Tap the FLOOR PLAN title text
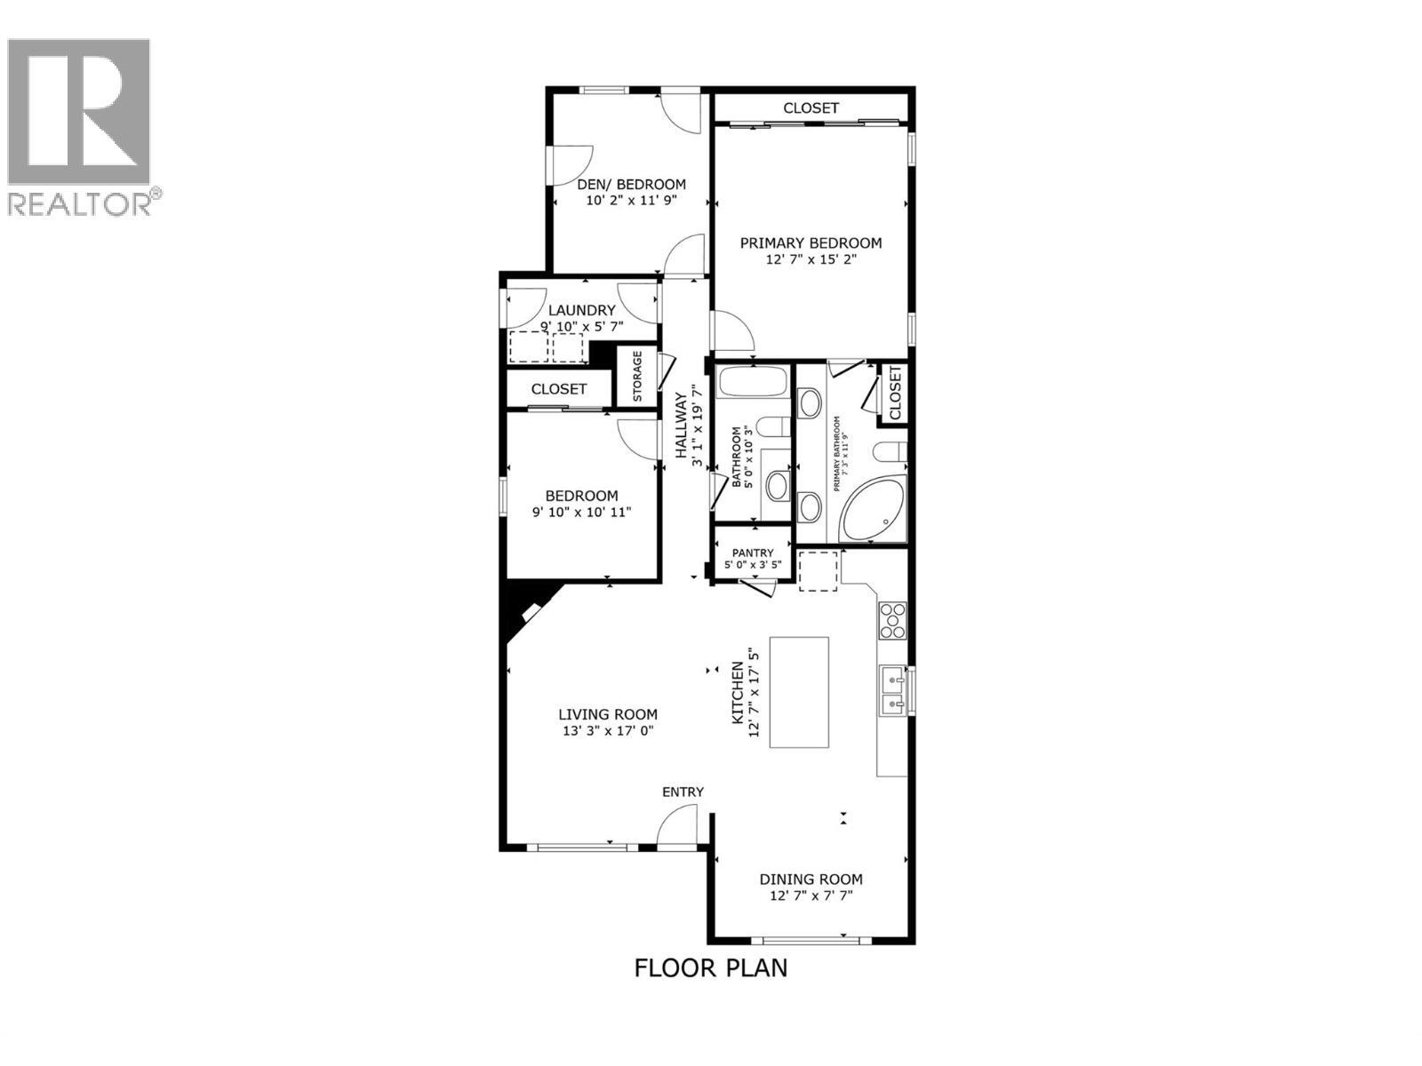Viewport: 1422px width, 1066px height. [x=710, y=967]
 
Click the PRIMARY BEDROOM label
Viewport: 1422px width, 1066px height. [x=811, y=243]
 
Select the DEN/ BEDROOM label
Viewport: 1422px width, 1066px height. [x=631, y=184]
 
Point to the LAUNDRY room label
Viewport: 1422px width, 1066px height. [x=581, y=310]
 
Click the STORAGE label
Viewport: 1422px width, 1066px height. [x=636, y=376]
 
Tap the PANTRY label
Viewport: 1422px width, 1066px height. [x=753, y=553]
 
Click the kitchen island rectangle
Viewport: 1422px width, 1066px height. [x=798, y=692]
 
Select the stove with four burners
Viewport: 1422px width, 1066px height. [x=892, y=620]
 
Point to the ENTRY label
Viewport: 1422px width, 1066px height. [x=683, y=792]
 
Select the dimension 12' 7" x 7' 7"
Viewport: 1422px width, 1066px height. [x=811, y=895]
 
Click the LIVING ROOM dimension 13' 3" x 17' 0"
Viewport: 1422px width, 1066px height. [x=607, y=731]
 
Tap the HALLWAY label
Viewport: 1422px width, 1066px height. [x=682, y=426]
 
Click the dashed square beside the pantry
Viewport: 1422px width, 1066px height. [x=818, y=570]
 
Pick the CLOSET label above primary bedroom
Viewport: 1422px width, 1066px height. [x=811, y=107]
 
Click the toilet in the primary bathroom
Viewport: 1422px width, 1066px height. [x=889, y=452]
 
